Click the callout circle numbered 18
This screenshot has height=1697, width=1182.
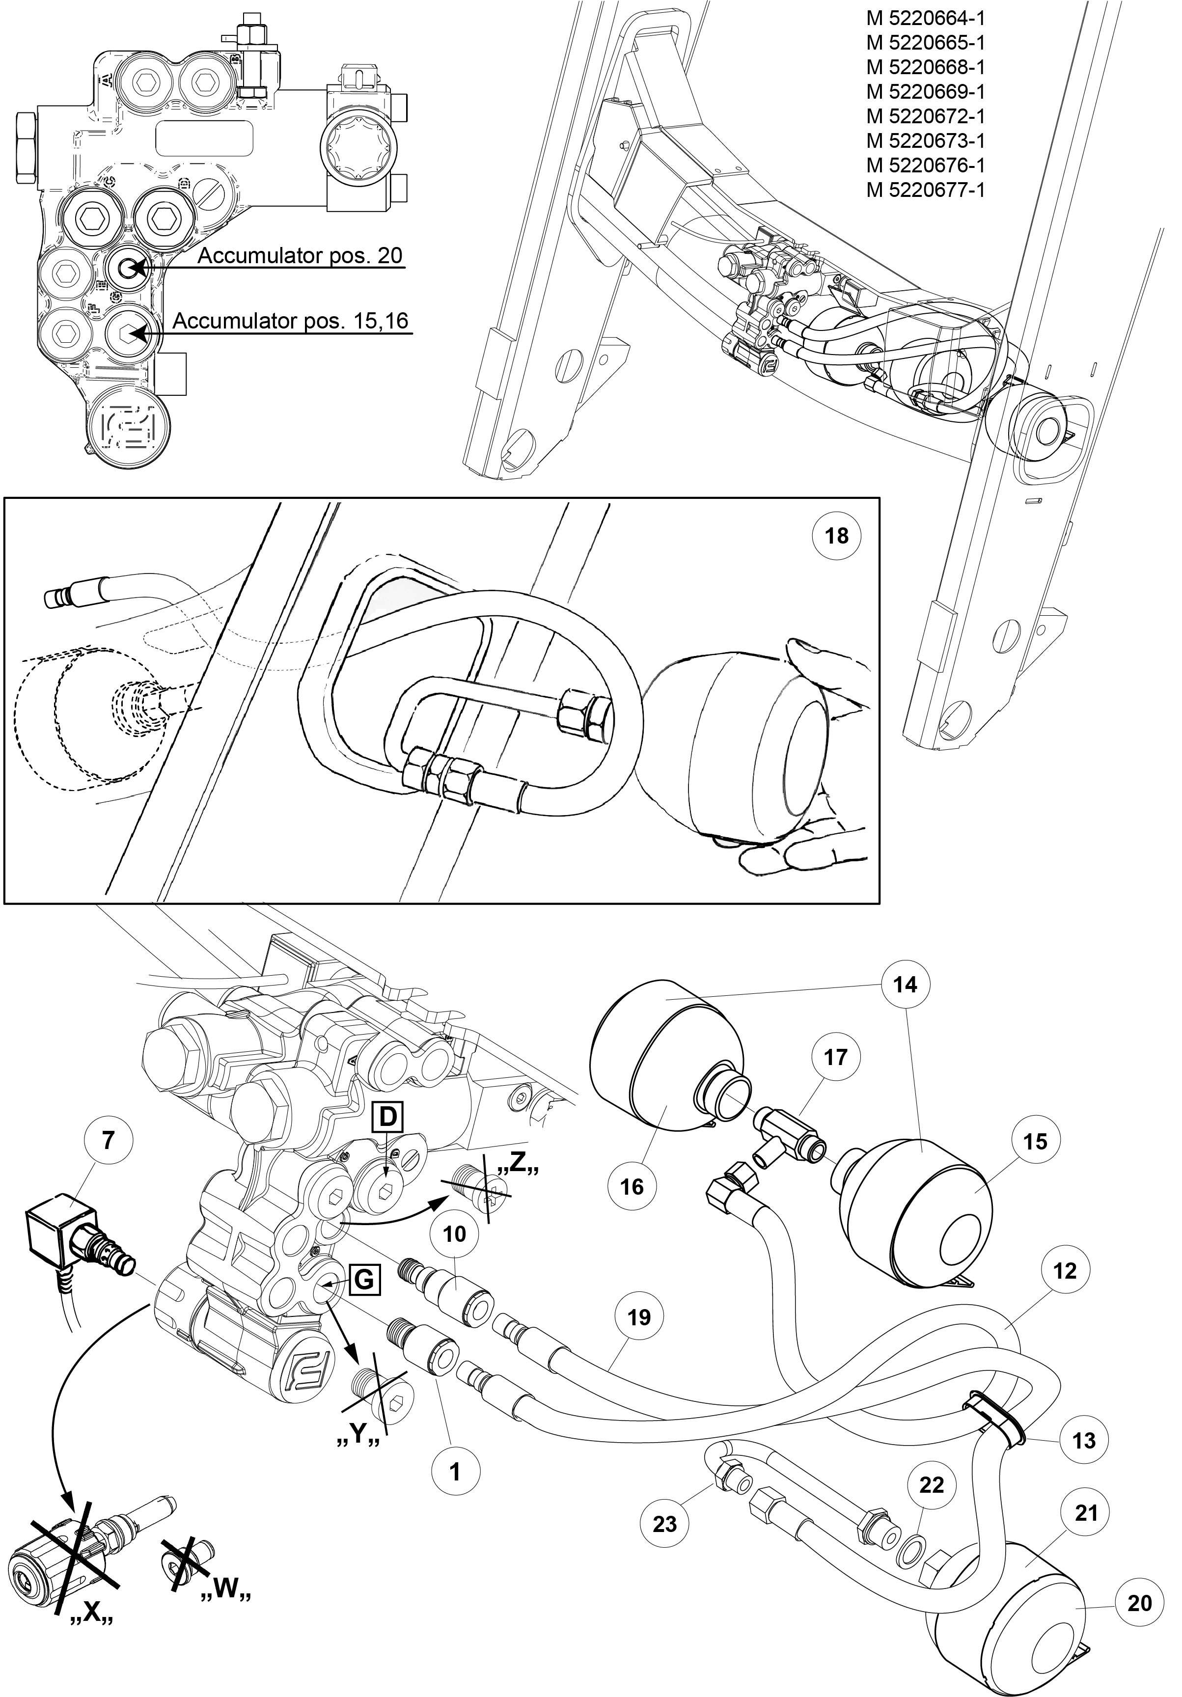coord(836,535)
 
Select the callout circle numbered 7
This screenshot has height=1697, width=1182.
coord(108,1141)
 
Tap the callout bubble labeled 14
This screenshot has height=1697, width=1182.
coord(905,985)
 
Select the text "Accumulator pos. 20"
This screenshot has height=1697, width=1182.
coord(300,256)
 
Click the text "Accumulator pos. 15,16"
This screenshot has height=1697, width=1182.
coord(291,321)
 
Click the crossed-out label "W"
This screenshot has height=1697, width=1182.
coord(226,1606)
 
